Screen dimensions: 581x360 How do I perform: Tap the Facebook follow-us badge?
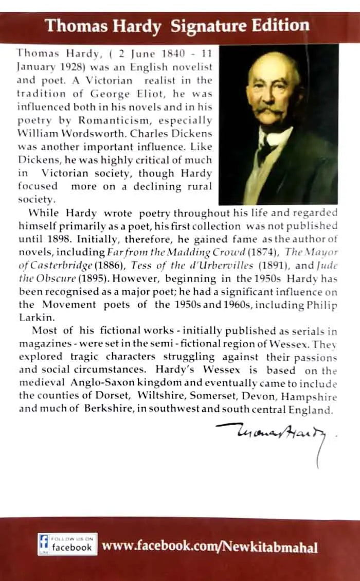click(67, 544)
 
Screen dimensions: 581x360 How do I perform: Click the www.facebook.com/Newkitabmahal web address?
click(210, 546)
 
